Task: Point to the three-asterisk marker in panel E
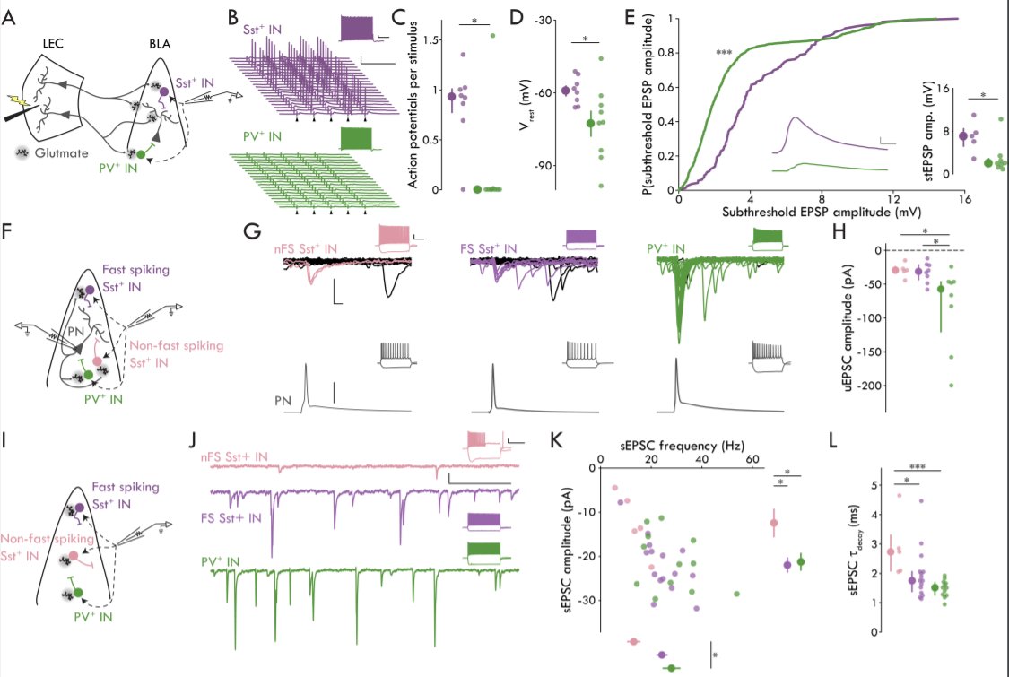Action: click(725, 53)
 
